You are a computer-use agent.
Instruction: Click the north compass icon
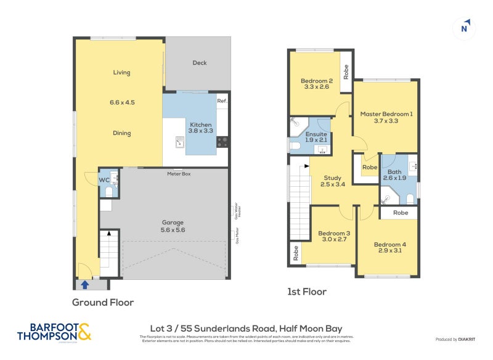pos(465,28)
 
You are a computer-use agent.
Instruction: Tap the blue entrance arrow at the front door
pos(85,284)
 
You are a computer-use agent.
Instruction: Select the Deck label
pos(200,63)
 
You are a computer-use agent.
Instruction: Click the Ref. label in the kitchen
pos(222,100)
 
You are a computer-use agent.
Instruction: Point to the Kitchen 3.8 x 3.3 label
pos(200,128)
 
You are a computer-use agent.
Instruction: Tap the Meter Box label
pos(179,174)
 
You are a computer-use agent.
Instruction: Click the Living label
pos(121,73)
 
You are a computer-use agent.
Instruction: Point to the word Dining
pos(121,133)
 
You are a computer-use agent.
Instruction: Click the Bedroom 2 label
pos(317,84)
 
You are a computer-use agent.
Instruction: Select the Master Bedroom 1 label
pos(386,117)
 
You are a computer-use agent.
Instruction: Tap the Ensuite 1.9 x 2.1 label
pos(316,137)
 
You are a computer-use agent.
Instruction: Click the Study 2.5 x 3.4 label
pos(333,180)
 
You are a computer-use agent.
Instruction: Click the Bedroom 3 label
pos(334,237)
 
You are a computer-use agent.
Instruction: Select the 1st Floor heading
pos(307,292)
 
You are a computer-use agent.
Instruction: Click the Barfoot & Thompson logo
pos(54,332)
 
